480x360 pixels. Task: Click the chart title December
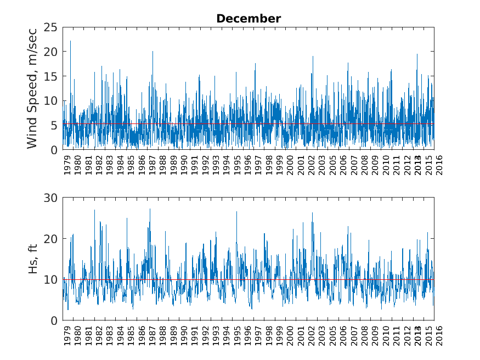[249, 19]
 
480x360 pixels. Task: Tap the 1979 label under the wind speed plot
[67, 164]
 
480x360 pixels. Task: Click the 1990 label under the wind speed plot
[184, 164]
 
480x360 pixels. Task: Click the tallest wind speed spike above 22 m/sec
[70, 41]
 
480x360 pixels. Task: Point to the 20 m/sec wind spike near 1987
[153, 52]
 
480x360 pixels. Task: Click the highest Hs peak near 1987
[150, 209]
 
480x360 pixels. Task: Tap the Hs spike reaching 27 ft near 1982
[94, 210]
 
